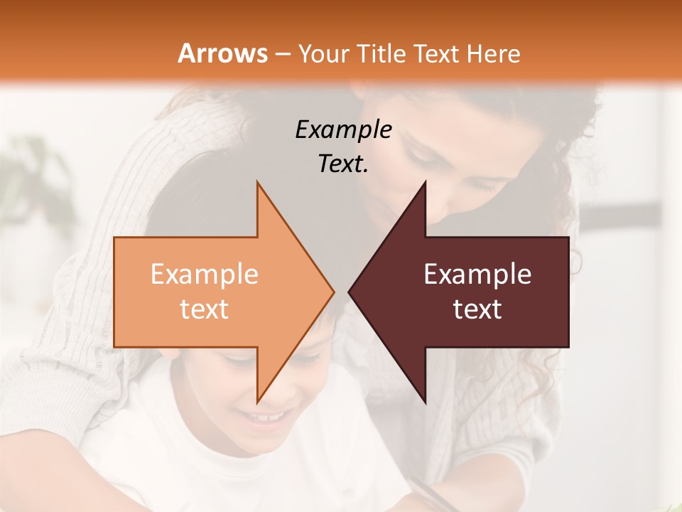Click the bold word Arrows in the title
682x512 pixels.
tap(222, 53)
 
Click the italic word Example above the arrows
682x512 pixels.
tap(343, 129)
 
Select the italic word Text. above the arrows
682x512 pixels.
tap(343, 164)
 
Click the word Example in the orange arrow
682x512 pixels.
tap(204, 274)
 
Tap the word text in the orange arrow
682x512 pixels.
tap(204, 309)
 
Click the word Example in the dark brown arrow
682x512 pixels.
tap(477, 274)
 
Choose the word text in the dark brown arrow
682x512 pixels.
tap(477, 309)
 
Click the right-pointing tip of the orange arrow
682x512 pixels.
tap(333, 292)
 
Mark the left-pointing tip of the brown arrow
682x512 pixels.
tap(350, 292)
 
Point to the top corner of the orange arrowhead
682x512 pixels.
tap(257, 183)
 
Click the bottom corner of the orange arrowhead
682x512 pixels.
tap(257, 402)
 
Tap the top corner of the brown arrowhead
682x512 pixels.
tap(425, 183)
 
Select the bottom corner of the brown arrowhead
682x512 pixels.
tap(425, 402)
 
